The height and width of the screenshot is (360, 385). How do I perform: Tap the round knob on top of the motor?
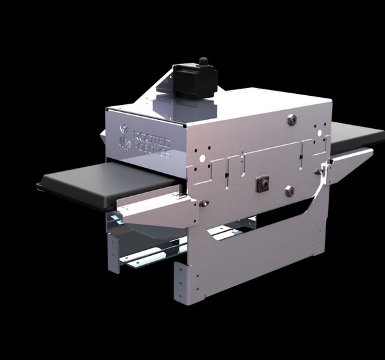point(203,62)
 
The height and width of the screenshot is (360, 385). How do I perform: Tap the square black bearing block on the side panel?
point(263,185)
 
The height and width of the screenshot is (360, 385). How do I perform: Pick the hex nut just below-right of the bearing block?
point(289,191)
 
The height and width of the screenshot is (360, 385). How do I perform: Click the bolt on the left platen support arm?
point(203,203)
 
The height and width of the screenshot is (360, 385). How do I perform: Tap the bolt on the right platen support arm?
point(318,172)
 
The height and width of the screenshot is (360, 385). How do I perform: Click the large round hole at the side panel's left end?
point(203,157)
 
